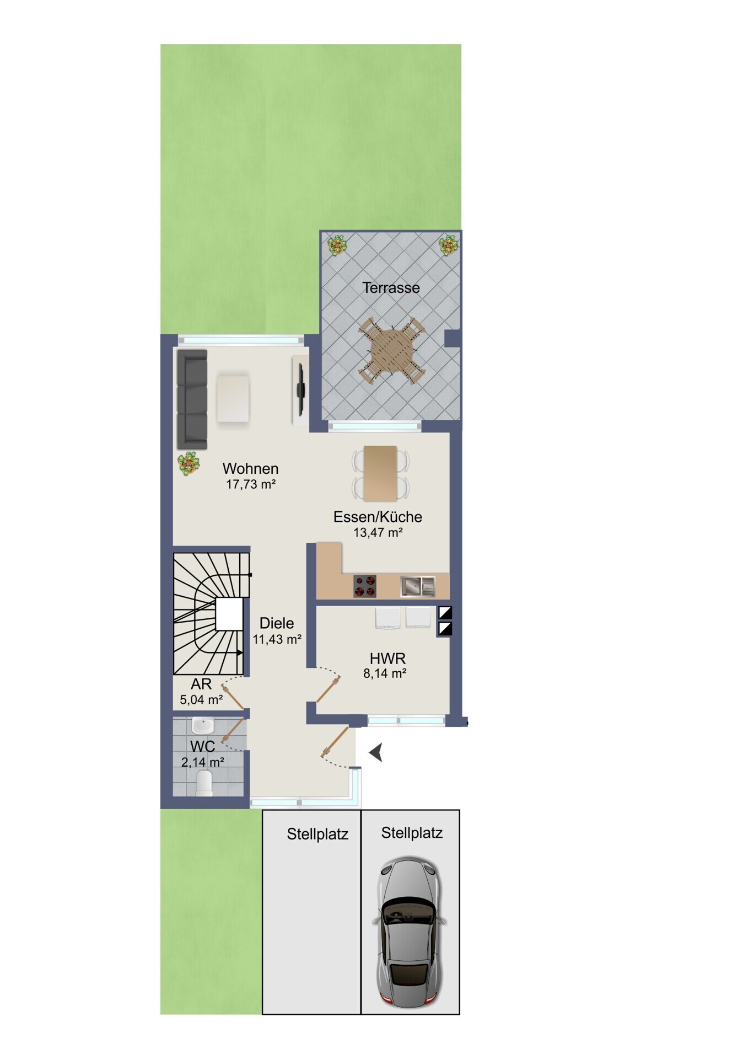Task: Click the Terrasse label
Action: (391, 287)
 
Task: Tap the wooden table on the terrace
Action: (391, 351)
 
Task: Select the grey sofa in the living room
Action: (192, 399)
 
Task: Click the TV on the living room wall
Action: (301, 390)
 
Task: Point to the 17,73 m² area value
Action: (251, 484)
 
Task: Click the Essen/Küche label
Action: (378, 517)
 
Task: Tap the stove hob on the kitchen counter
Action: (364, 586)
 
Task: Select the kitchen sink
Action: (418, 586)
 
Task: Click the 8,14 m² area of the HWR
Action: (385, 673)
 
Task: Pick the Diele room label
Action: (277, 623)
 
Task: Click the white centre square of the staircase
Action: (229, 614)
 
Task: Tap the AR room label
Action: (201, 684)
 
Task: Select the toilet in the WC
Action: (204, 783)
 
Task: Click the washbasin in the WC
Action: (203, 725)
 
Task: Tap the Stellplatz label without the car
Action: (318, 834)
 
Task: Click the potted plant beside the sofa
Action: (189, 463)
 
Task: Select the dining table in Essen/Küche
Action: (380, 473)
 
